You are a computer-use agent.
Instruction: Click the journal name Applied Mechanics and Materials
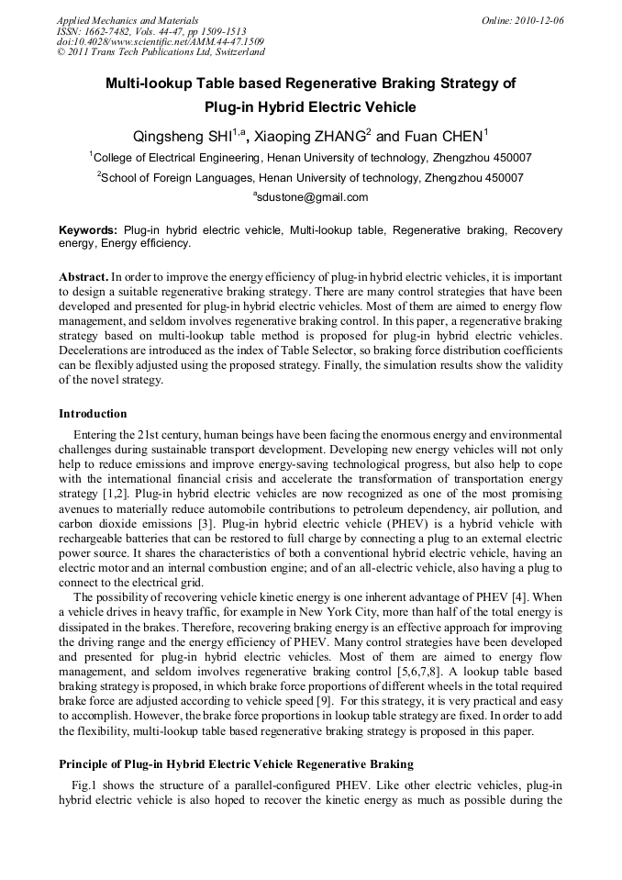(127, 19)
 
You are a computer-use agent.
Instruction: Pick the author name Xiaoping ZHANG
(307, 138)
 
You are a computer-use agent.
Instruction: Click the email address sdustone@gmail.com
(312, 197)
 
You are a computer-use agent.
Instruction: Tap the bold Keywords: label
(88, 229)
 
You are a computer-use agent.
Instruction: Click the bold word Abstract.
(83, 276)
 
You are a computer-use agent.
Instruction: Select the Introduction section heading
(93, 414)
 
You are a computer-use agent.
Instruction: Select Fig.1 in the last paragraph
(85, 786)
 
